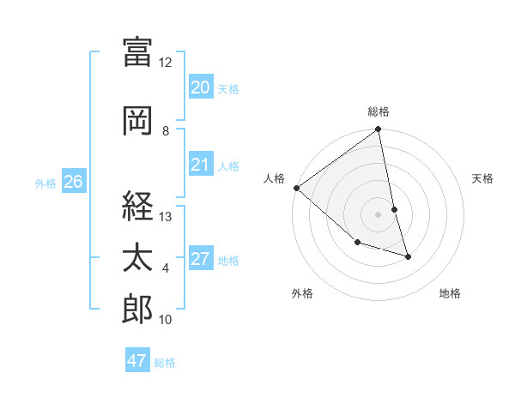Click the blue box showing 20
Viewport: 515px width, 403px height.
[x=200, y=87]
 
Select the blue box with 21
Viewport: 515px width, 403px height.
[x=200, y=165]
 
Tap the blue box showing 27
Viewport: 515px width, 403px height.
[x=200, y=259]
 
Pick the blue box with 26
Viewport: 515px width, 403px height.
[x=73, y=181]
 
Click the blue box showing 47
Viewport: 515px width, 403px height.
[x=136, y=361]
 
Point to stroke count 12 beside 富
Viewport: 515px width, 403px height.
[x=165, y=63]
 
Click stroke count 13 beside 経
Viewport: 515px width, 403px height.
[x=165, y=217]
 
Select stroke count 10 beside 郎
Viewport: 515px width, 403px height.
[x=165, y=320]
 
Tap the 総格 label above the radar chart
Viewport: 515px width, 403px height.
[x=379, y=111]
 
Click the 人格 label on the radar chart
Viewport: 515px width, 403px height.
[x=275, y=178]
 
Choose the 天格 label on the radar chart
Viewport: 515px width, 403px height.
[x=483, y=178]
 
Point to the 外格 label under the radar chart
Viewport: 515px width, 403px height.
[x=302, y=293]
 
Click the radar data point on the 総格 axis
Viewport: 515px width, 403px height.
[x=379, y=130]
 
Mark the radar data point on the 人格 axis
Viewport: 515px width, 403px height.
[x=296, y=188]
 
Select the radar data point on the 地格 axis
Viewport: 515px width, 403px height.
[x=408, y=256]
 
